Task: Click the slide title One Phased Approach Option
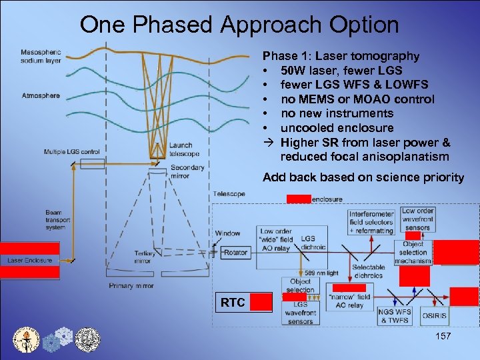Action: coord(239,25)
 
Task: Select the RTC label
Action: coord(233,303)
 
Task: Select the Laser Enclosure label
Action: coord(30,260)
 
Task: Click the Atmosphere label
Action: coord(40,95)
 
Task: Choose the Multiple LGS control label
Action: coord(72,152)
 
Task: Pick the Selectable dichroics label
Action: coord(368,271)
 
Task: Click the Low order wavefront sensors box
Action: coord(417,219)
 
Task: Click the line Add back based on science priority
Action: coord(363,177)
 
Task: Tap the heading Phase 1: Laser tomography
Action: coord(341,56)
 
